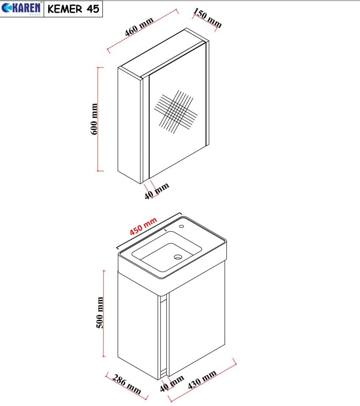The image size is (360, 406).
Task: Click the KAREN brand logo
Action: (22, 8)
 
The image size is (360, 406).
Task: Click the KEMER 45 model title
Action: (73, 9)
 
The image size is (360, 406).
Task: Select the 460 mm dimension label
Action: (139, 27)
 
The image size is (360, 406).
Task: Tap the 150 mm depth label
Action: (207, 18)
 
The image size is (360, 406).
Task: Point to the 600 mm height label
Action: (94, 119)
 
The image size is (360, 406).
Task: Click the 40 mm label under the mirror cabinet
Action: (157, 191)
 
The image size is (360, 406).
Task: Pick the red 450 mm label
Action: (143, 226)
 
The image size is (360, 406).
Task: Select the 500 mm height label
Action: (100, 313)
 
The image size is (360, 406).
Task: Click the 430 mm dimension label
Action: (202, 380)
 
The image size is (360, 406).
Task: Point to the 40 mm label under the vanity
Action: (172, 383)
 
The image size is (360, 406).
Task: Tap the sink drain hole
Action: (178, 257)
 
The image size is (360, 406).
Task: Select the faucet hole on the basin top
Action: (181, 226)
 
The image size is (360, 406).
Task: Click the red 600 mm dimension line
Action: (98, 119)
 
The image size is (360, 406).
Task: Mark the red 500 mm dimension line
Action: (104, 313)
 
